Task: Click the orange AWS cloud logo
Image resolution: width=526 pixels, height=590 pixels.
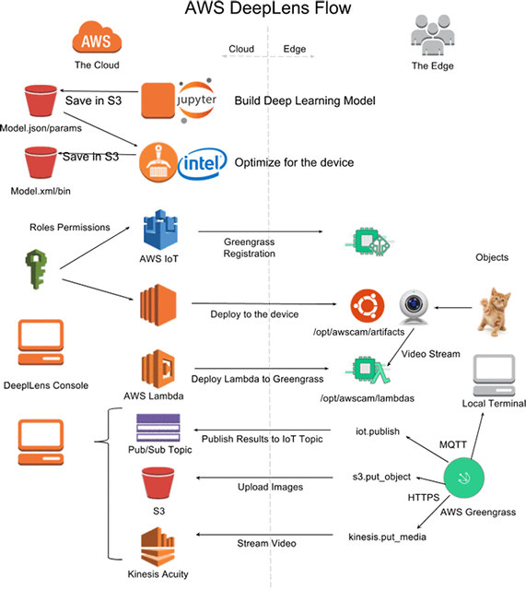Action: (97, 37)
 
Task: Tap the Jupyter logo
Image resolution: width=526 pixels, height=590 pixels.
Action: (196, 100)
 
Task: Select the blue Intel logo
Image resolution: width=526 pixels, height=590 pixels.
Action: (203, 163)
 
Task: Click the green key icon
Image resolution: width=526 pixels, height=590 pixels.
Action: (36, 269)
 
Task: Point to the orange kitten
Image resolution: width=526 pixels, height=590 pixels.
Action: (494, 312)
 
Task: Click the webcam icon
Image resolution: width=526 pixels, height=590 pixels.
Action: (414, 307)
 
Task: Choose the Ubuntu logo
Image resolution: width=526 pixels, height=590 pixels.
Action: (368, 306)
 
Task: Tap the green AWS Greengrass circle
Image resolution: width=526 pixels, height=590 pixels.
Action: (464, 478)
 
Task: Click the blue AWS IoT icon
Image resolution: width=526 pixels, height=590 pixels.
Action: (160, 230)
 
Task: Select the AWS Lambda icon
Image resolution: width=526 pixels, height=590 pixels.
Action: (158, 369)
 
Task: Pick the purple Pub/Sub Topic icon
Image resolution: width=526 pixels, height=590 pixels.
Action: (158, 428)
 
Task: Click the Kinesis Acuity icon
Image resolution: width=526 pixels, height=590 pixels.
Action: (158, 547)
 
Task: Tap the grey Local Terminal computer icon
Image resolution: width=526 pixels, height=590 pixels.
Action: (494, 375)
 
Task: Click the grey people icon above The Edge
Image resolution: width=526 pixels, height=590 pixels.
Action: (432, 35)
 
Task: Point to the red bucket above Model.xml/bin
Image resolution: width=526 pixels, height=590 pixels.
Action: (41, 162)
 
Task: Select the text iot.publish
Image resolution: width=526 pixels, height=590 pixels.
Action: (378, 431)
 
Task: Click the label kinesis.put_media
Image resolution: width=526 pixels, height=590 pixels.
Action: (387, 537)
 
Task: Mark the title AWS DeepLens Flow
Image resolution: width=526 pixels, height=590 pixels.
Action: (268, 8)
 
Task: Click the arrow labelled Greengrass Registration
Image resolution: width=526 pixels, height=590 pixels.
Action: (260, 231)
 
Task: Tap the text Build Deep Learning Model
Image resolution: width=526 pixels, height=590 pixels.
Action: (305, 100)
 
